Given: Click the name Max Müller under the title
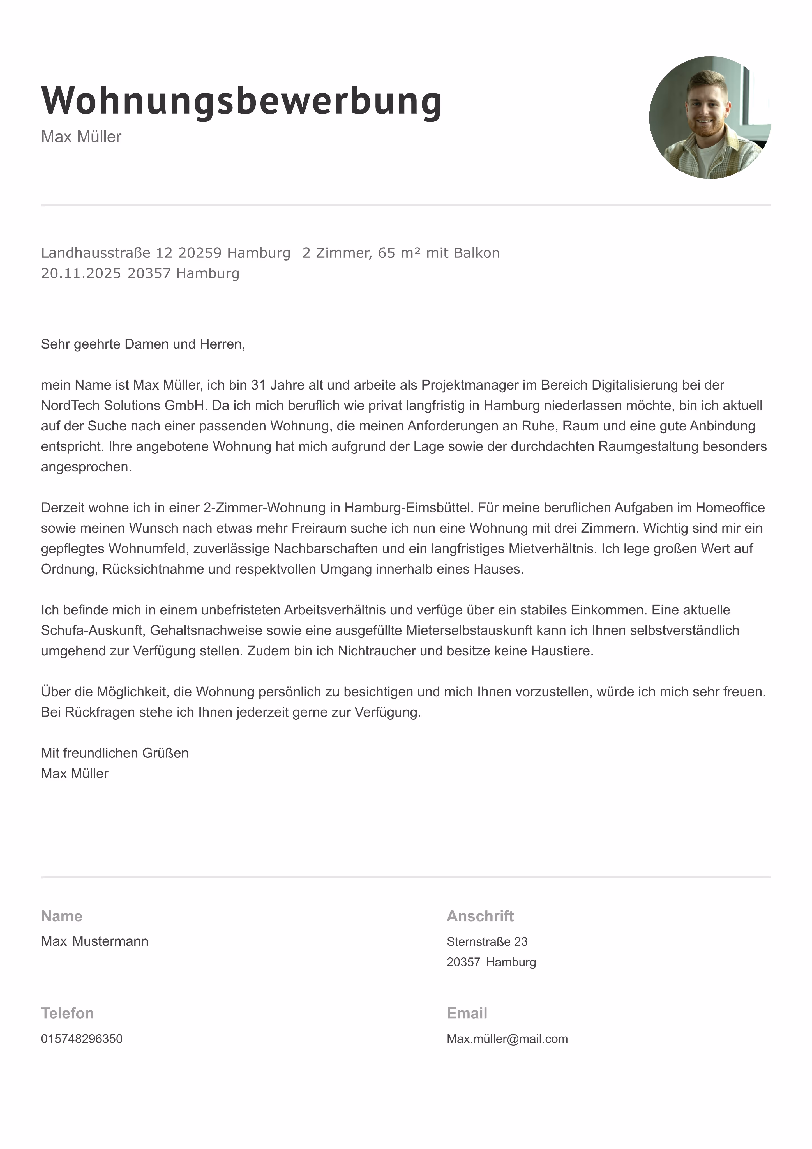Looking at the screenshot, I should [81, 137].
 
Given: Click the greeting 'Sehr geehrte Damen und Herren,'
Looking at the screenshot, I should [143, 344].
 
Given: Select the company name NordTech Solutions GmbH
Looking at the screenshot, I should [124, 405].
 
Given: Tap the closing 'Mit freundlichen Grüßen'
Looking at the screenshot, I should [115, 753].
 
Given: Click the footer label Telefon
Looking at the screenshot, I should [68, 1013].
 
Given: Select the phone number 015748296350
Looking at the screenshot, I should [82, 1039].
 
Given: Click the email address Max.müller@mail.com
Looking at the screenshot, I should [507, 1039].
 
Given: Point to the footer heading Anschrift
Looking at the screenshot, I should [480, 916].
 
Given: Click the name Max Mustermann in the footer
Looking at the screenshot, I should [94, 941].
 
